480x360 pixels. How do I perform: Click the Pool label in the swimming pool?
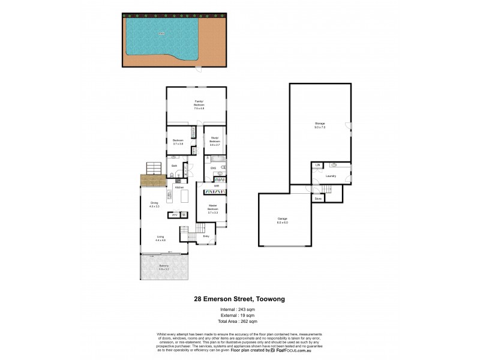161,34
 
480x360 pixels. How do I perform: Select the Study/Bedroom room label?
215,143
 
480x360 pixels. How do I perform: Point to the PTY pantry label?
175,215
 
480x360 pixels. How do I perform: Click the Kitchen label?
179,188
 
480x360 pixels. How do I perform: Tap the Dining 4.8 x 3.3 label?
154,205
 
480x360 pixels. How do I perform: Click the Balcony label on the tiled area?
164,268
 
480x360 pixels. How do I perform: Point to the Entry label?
205,236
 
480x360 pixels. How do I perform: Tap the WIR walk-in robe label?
217,186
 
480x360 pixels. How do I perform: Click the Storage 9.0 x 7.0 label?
320,125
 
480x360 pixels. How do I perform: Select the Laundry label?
330,176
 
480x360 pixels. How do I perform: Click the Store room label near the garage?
318,198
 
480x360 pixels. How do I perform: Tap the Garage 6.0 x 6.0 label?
283,221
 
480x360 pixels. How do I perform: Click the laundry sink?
334,164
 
